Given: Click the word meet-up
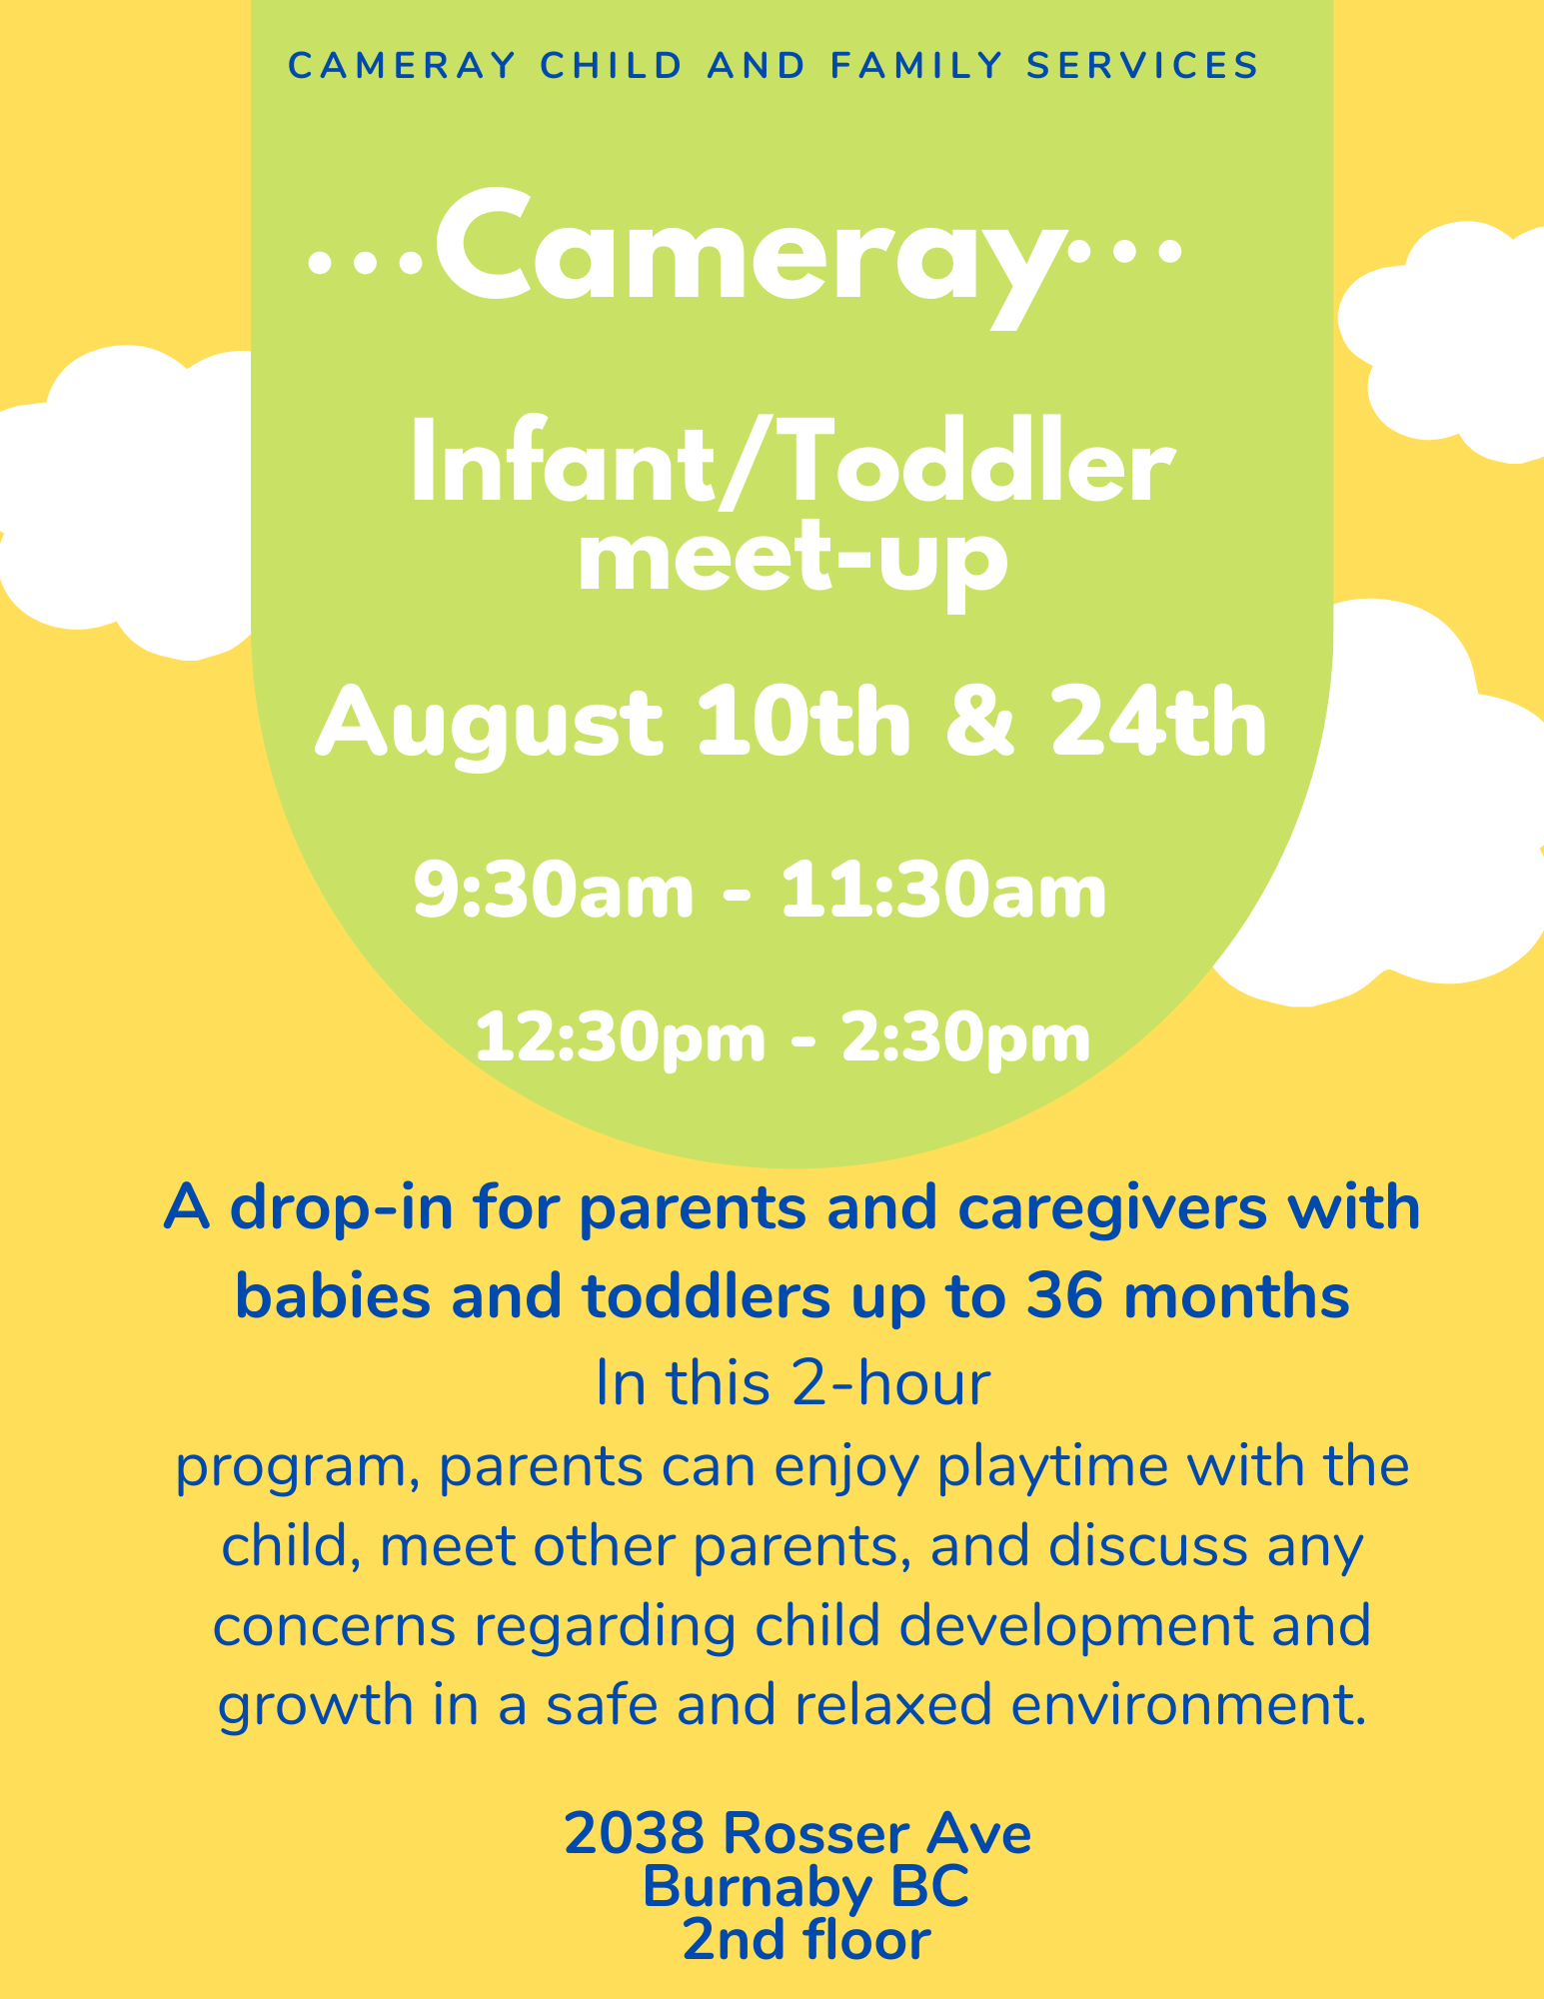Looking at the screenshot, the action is click(x=791, y=562).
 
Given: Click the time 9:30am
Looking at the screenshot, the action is click(x=554, y=891).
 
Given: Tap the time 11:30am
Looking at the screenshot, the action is click(x=943, y=891).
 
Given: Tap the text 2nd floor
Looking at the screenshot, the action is click(x=806, y=1940).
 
